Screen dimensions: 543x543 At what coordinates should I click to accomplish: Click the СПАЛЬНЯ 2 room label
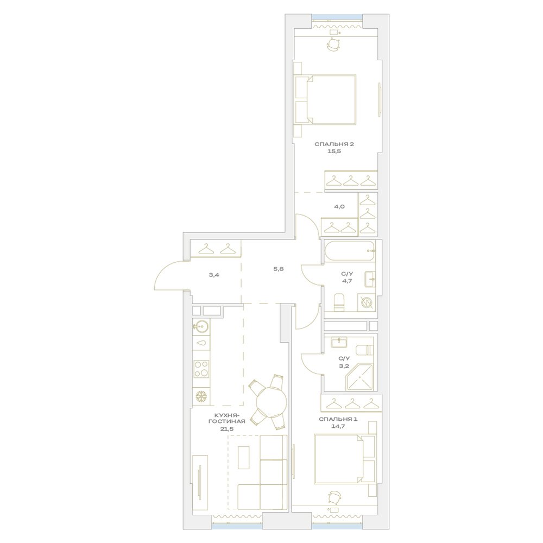coord(334,144)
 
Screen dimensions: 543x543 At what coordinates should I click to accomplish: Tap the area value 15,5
coord(334,151)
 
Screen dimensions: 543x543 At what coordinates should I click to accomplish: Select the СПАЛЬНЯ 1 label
coord(338,419)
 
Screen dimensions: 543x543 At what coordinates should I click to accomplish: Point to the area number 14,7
coord(338,426)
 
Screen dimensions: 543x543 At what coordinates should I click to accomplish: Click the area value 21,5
coord(227,429)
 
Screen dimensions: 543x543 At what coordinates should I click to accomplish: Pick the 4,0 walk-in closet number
coord(339,207)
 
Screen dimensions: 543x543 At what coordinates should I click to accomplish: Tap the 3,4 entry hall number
coord(214,275)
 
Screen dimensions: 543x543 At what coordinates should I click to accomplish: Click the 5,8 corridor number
coord(279,268)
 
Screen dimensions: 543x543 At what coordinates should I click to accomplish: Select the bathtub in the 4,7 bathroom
coord(350,251)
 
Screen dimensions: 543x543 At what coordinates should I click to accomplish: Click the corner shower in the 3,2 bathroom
coord(359,378)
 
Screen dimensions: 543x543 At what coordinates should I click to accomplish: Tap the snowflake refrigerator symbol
coord(201,396)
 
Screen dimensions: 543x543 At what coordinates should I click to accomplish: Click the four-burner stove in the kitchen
coord(201,369)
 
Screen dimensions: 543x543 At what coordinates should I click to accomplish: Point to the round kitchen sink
coord(201,326)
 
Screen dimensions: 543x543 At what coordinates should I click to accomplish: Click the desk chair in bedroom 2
coord(334,45)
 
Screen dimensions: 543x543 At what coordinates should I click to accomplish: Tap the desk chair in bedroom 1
coord(334,497)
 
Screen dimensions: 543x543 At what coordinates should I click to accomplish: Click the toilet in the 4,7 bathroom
coord(339,302)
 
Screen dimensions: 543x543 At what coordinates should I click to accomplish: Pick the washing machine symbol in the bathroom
coord(367,302)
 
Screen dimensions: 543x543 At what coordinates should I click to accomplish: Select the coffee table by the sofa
coord(244,457)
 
